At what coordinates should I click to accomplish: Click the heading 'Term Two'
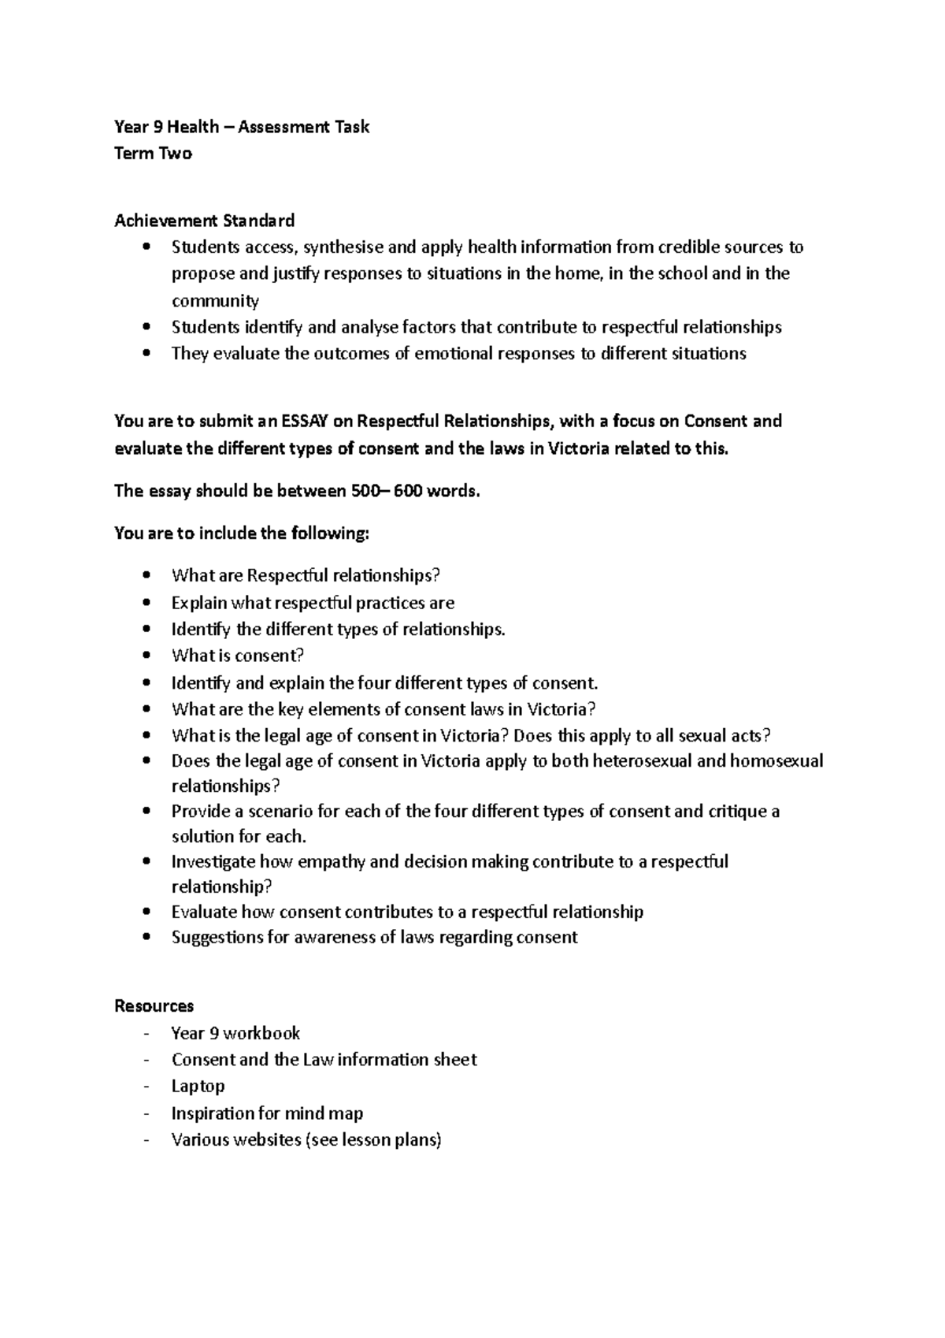click(x=153, y=154)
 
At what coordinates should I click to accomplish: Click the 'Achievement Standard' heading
click(x=205, y=221)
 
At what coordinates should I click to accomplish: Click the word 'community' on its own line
click(x=215, y=301)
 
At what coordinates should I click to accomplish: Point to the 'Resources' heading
click(x=154, y=1006)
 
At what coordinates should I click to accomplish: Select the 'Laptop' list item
click(x=198, y=1086)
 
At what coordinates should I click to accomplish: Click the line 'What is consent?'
click(x=237, y=656)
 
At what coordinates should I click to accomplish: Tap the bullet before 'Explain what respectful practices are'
click(x=147, y=604)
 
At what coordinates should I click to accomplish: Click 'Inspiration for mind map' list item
click(x=267, y=1113)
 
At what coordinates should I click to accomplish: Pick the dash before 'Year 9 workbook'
click(x=147, y=1033)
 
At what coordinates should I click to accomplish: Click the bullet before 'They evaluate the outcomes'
click(x=147, y=355)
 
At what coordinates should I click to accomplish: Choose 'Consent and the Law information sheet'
click(x=324, y=1060)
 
